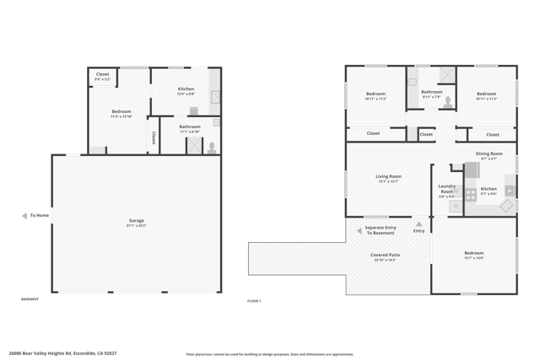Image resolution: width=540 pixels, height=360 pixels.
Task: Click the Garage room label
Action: [136, 221]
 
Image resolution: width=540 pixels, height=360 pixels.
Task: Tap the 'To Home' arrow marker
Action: [24, 216]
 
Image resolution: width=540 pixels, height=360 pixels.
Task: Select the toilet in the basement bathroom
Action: [212, 148]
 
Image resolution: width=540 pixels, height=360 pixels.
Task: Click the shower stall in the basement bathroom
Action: [194, 145]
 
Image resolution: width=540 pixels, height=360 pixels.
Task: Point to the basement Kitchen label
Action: [186, 89]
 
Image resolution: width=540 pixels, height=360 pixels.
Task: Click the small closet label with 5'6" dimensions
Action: [102, 75]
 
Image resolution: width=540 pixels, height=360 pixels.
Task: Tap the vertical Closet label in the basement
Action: [154, 136]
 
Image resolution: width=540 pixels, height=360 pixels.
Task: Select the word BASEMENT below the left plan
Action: [30, 298]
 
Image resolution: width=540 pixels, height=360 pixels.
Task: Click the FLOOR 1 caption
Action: [254, 300]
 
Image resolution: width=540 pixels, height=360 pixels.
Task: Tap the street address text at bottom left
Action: [62, 353]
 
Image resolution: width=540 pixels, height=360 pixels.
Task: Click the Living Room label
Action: [388, 177]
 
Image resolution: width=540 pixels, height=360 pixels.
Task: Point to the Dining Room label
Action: [489, 153]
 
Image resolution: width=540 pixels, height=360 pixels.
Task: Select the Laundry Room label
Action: [446, 190]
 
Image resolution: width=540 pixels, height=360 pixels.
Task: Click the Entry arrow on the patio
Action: [419, 224]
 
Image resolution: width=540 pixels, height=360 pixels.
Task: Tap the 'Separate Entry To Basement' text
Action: [380, 229]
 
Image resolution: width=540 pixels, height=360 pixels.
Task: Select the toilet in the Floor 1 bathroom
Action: [448, 102]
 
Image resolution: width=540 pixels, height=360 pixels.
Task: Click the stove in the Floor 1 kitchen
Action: [471, 195]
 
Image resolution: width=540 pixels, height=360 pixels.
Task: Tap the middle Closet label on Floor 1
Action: [426, 133]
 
